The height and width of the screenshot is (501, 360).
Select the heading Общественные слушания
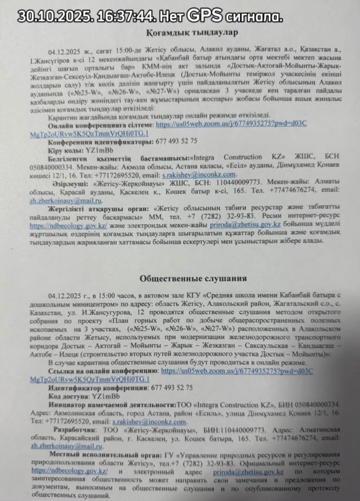(x=193, y=278)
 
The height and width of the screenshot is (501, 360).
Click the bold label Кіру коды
(x=64, y=150)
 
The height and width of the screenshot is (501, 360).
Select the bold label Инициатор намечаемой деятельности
(x=112, y=405)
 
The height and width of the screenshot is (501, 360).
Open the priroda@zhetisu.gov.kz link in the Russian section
(x=247, y=472)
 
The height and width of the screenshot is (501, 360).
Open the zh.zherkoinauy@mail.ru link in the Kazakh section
(x=66, y=201)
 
